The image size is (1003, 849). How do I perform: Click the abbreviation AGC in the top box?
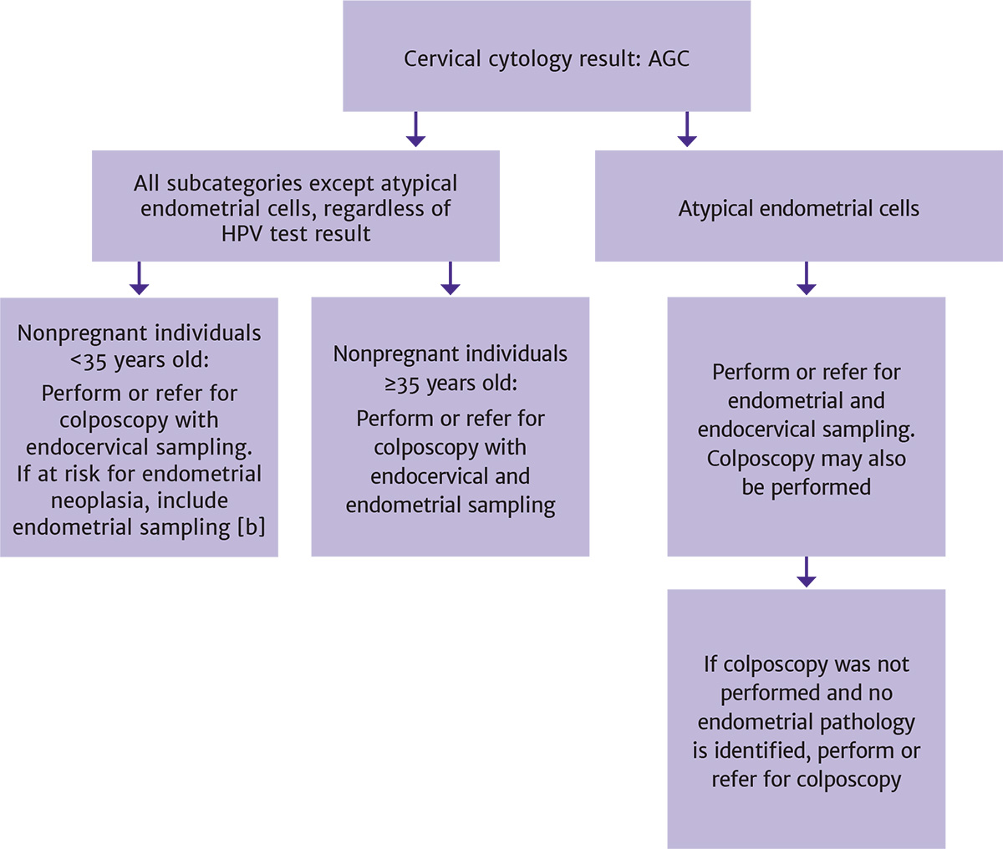pyautogui.click(x=669, y=59)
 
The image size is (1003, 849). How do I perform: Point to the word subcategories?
pyautogui.click(x=237, y=184)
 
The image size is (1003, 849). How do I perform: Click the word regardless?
pyautogui.click(x=374, y=208)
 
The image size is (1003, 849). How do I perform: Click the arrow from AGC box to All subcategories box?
pyautogui.click(x=415, y=130)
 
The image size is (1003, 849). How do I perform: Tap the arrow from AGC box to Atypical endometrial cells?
pyautogui.click(x=687, y=130)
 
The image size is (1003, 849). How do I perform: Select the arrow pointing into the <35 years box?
pyautogui.click(x=140, y=279)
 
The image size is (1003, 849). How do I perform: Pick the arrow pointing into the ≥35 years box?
pyautogui.click(x=451, y=279)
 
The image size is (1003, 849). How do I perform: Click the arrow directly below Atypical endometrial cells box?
pyautogui.click(x=807, y=279)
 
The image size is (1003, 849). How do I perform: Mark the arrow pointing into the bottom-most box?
pyautogui.click(x=807, y=572)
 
